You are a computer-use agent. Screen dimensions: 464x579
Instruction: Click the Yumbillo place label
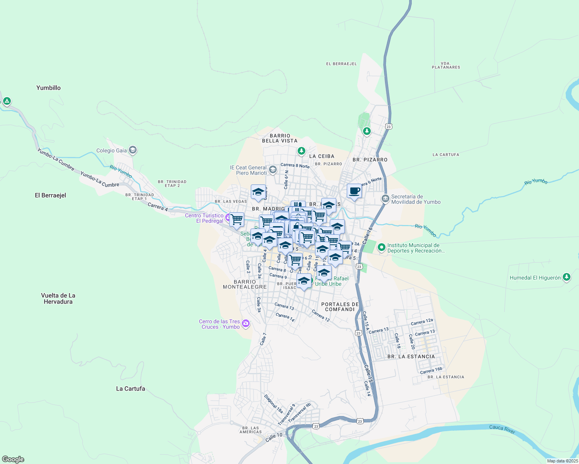48,88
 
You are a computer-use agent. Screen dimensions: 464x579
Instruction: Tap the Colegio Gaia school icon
133,150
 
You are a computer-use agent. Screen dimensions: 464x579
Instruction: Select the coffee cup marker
354,191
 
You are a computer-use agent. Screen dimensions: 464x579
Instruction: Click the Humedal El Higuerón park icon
567,277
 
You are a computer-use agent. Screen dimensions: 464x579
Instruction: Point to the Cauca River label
502,429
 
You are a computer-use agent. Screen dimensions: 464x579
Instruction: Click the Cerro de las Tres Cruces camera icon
246,323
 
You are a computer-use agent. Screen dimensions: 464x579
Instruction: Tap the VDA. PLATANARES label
446,65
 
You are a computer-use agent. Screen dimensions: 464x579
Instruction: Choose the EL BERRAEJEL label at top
341,64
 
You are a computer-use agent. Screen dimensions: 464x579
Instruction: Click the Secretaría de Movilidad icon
385,199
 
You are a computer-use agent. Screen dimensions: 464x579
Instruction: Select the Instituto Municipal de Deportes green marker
381,247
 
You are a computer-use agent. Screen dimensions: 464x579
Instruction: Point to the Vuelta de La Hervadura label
58,299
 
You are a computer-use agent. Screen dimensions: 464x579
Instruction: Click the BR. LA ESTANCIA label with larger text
411,357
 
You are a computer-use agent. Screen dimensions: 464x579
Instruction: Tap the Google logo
13,459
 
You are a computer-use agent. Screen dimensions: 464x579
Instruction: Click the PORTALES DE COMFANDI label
340,307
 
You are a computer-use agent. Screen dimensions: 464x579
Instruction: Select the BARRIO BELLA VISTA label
280,138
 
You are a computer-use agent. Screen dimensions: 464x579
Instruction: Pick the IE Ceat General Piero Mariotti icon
273,170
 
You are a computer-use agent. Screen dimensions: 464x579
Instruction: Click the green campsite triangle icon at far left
7,101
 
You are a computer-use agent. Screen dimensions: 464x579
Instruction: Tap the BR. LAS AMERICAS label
250,430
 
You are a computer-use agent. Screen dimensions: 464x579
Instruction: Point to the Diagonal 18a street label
273,404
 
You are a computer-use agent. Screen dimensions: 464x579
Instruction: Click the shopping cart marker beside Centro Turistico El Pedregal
236,219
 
